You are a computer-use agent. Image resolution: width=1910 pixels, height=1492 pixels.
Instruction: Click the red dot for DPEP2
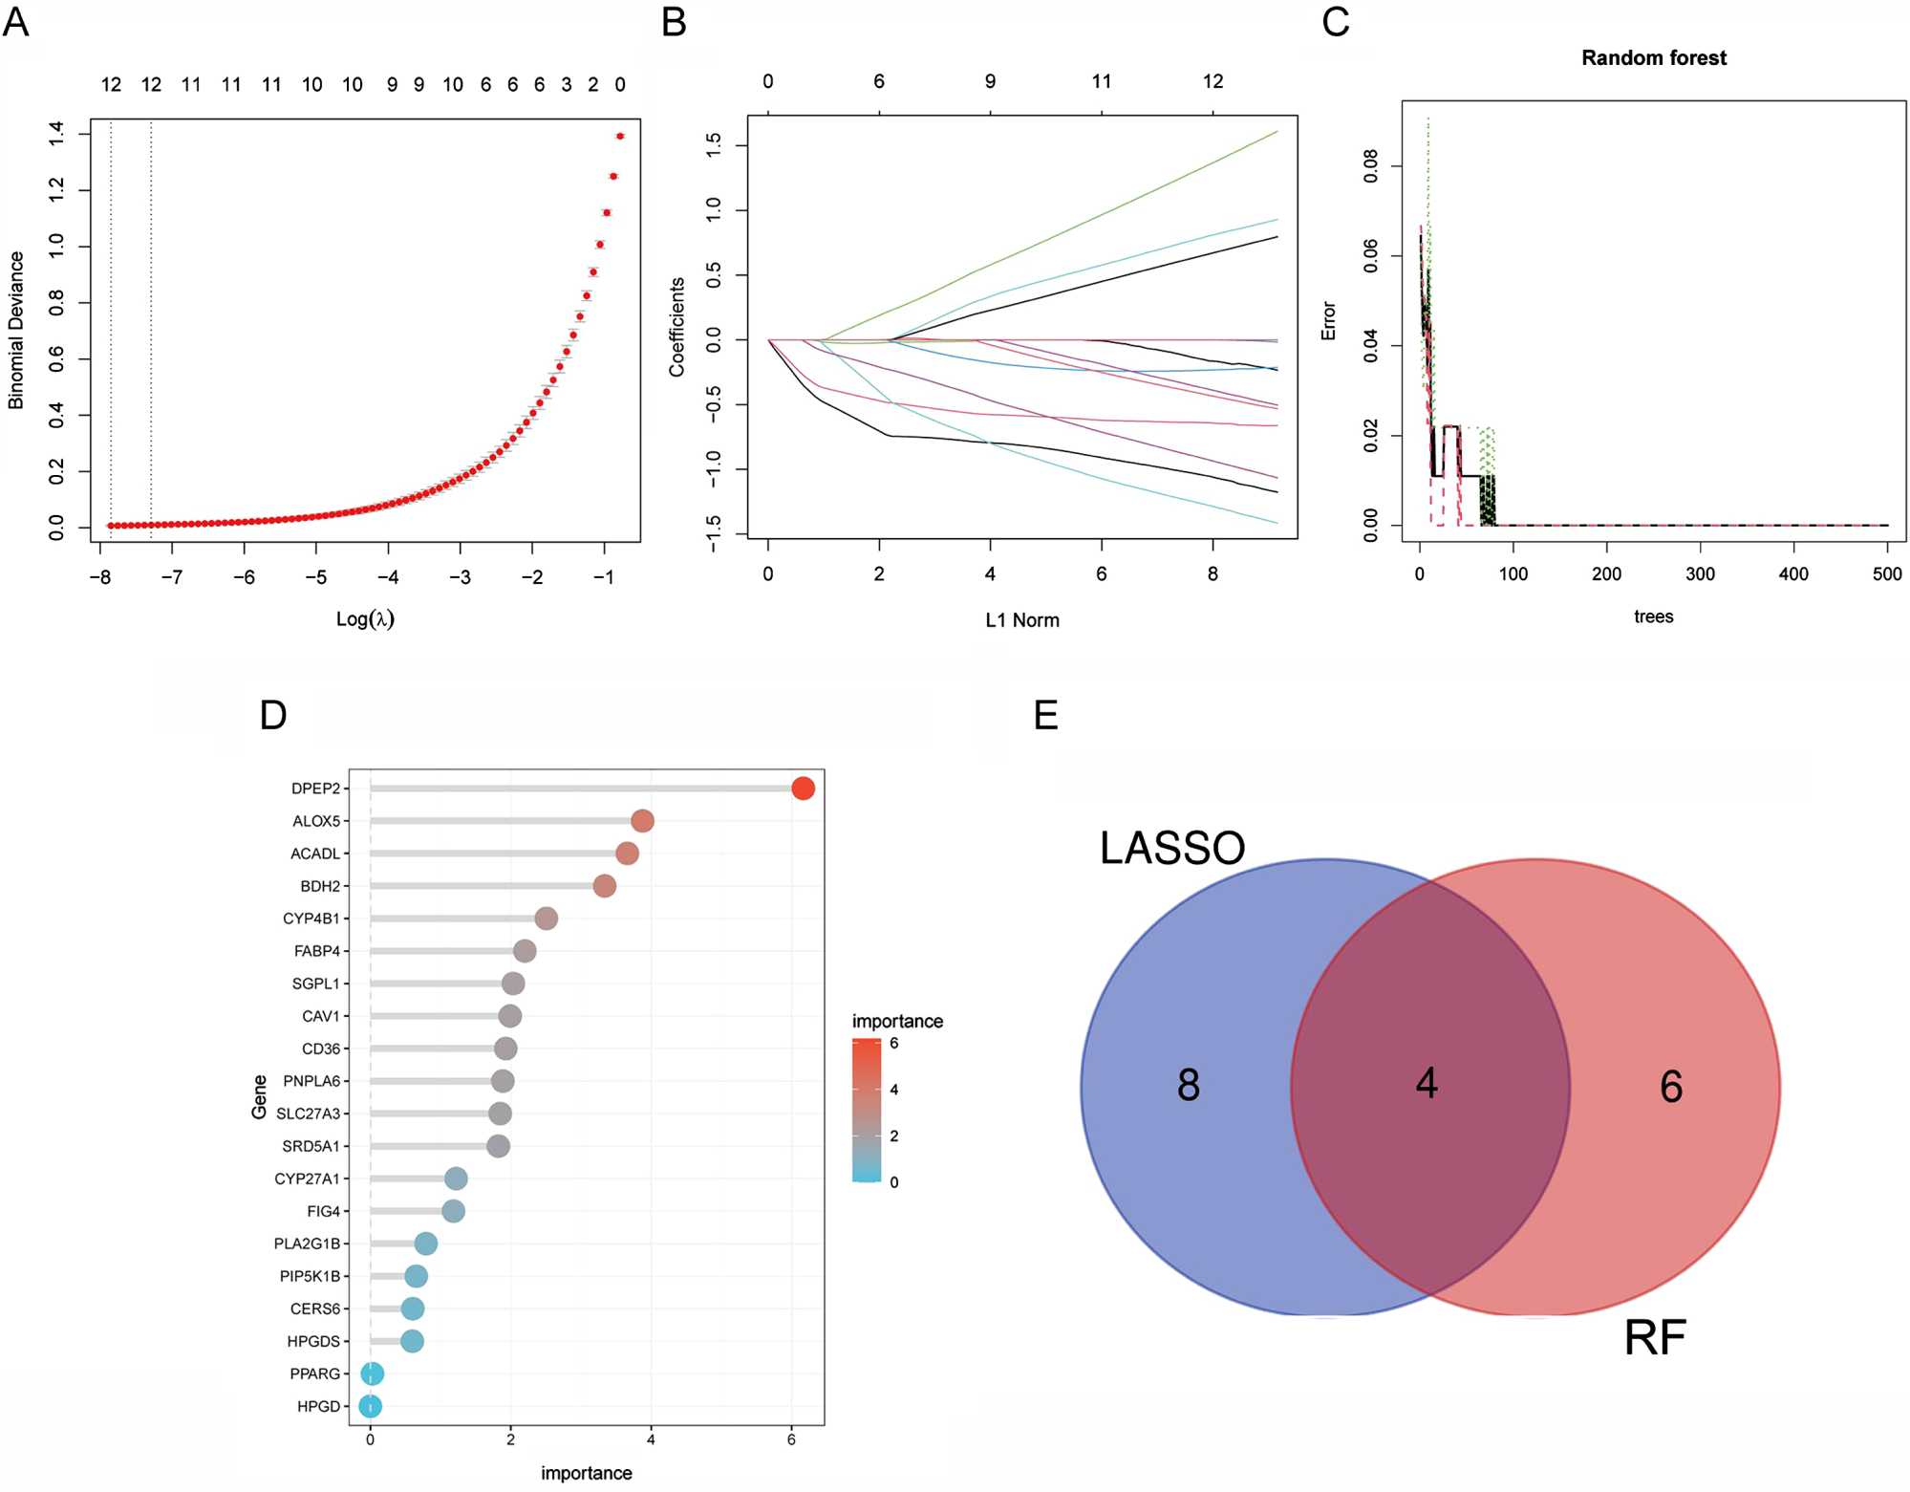[803, 789]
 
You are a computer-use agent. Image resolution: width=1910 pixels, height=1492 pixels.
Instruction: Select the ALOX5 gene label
[316, 821]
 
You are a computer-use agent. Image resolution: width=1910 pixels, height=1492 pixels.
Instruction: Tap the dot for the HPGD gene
[371, 1406]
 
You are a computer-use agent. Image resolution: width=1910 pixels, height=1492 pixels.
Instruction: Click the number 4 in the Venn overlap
[1427, 1084]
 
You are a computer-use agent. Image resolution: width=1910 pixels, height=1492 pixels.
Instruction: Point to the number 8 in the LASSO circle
[1189, 1085]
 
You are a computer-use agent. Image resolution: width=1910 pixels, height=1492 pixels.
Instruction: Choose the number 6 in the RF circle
[1671, 1087]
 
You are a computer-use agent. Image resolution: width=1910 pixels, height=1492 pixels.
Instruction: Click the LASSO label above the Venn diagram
[1172, 848]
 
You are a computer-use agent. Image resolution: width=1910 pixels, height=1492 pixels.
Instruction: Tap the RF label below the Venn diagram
[1655, 1338]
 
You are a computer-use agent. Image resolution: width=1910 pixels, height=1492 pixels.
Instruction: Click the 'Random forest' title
[1654, 58]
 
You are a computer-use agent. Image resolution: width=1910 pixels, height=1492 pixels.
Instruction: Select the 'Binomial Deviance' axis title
[16, 331]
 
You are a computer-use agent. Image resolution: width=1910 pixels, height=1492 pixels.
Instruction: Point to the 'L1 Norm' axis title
[1022, 620]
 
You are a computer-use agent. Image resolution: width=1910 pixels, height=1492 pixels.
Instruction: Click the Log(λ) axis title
[365, 619]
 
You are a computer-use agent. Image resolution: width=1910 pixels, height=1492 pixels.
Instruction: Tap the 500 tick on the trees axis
[1887, 574]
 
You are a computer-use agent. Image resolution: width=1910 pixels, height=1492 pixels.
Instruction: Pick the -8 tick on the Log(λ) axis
[99, 577]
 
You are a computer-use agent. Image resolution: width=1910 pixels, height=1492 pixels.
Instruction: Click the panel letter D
[273, 715]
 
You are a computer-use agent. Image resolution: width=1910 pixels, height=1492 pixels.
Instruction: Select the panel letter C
[1336, 21]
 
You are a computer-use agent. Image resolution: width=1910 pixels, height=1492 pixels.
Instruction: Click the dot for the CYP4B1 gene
[546, 919]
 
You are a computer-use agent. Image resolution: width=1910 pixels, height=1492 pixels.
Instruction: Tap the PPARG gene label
[315, 1373]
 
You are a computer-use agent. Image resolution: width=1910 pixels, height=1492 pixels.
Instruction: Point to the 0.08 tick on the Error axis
[1371, 166]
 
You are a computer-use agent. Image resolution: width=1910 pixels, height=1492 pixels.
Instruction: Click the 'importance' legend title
[897, 1021]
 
